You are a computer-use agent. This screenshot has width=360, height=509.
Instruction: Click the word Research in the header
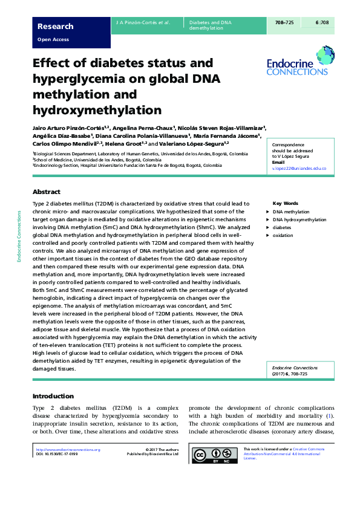coord(55,27)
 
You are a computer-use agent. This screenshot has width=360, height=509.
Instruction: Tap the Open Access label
coord(53,40)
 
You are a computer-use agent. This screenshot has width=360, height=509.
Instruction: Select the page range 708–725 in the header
coord(284,22)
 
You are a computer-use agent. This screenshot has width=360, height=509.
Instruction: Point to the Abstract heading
coord(46,191)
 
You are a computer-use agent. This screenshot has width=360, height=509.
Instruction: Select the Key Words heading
coord(285,204)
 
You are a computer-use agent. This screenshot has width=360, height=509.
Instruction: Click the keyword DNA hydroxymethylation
coord(299,220)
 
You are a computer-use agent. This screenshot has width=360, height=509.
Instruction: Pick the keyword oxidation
coord(283,236)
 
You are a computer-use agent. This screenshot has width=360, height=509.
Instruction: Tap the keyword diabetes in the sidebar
coord(282,228)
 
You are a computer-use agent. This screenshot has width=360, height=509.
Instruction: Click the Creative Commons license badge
coord(215,455)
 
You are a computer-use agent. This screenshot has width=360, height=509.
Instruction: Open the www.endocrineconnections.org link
coord(68,450)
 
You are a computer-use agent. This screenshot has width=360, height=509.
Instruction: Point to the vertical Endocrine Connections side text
coord(19,236)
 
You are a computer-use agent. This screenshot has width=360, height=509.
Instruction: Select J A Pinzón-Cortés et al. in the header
coord(143,22)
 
